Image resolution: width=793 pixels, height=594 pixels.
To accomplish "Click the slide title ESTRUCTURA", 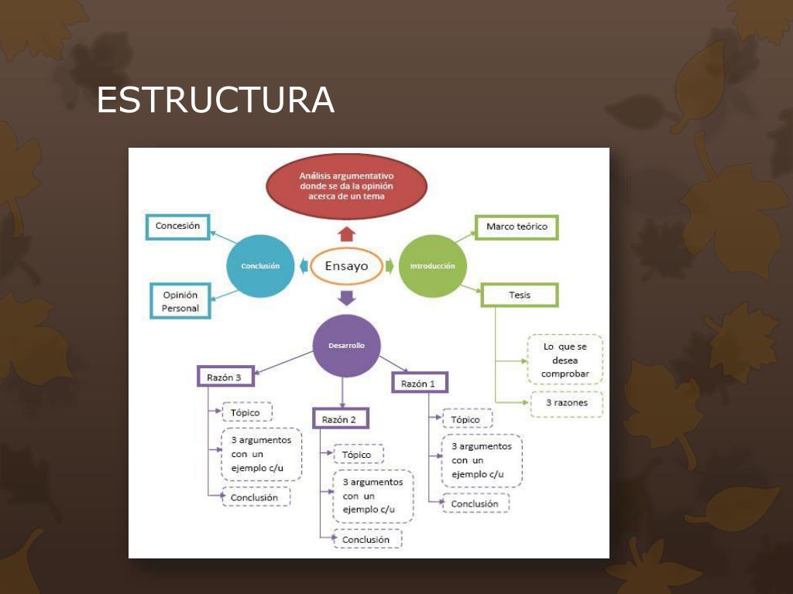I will tap(215, 101).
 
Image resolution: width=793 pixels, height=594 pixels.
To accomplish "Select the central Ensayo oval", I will tap(346, 266).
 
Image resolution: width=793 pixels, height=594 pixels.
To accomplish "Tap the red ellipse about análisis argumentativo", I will tap(346, 186).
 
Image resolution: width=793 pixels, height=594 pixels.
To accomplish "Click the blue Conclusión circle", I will tap(260, 266).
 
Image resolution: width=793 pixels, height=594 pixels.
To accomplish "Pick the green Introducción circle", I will tap(432, 266).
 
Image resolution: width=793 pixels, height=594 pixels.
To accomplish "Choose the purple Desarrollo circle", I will tap(346, 346).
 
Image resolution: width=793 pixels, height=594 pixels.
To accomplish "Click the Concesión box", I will tap(177, 227).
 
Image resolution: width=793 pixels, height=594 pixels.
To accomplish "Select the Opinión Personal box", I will tap(180, 301).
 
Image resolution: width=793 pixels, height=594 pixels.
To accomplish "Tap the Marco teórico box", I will tap(517, 227).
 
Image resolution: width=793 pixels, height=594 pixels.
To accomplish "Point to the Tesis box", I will tap(520, 295).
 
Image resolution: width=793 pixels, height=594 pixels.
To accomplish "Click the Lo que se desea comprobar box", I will tap(565, 360).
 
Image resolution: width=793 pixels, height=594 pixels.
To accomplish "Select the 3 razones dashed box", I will tap(566, 403).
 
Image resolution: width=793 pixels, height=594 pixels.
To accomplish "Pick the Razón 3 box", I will tap(225, 377).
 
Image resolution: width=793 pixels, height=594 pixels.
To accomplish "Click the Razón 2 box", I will tap(340, 419).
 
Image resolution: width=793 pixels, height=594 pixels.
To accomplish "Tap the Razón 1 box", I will tap(420, 383).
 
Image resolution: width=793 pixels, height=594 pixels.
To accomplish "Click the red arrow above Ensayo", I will tap(346, 234).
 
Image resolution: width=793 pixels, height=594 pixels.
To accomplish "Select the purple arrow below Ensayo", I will tap(346, 297).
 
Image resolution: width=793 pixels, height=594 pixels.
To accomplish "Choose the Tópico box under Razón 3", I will tap(246, 412).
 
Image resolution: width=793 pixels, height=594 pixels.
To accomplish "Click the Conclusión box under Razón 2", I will tap(367, 539).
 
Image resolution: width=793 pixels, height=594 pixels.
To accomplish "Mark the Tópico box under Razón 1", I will tap(466, 419).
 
